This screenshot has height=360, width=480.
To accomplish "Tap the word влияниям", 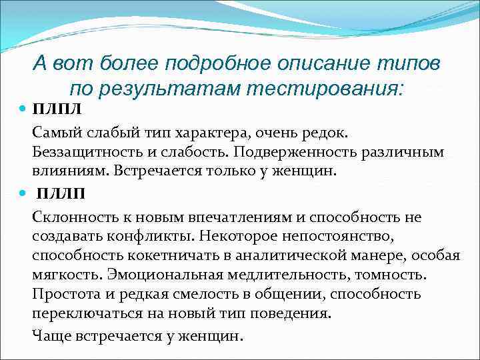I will pos(69,171).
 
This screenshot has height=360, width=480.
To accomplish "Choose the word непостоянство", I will pos(333,237).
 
